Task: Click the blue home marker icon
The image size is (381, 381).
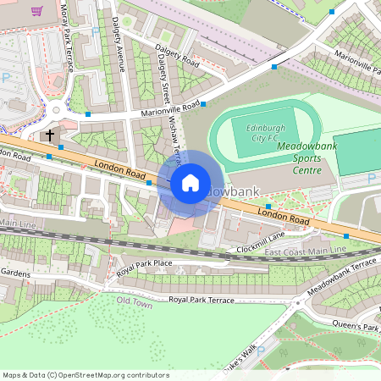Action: (190, 182)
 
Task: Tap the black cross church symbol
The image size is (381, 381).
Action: (50, 135)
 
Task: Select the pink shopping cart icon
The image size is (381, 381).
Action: (37, 11)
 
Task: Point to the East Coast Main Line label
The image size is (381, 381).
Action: (306, 251)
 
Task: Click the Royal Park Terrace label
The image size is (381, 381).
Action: (202, 300)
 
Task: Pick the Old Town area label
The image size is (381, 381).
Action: (135, 302)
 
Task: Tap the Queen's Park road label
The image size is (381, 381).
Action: (359, 327)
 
